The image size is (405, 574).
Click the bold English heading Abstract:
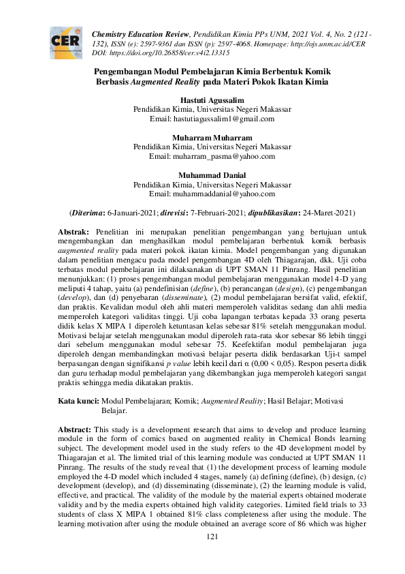point(74,430)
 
